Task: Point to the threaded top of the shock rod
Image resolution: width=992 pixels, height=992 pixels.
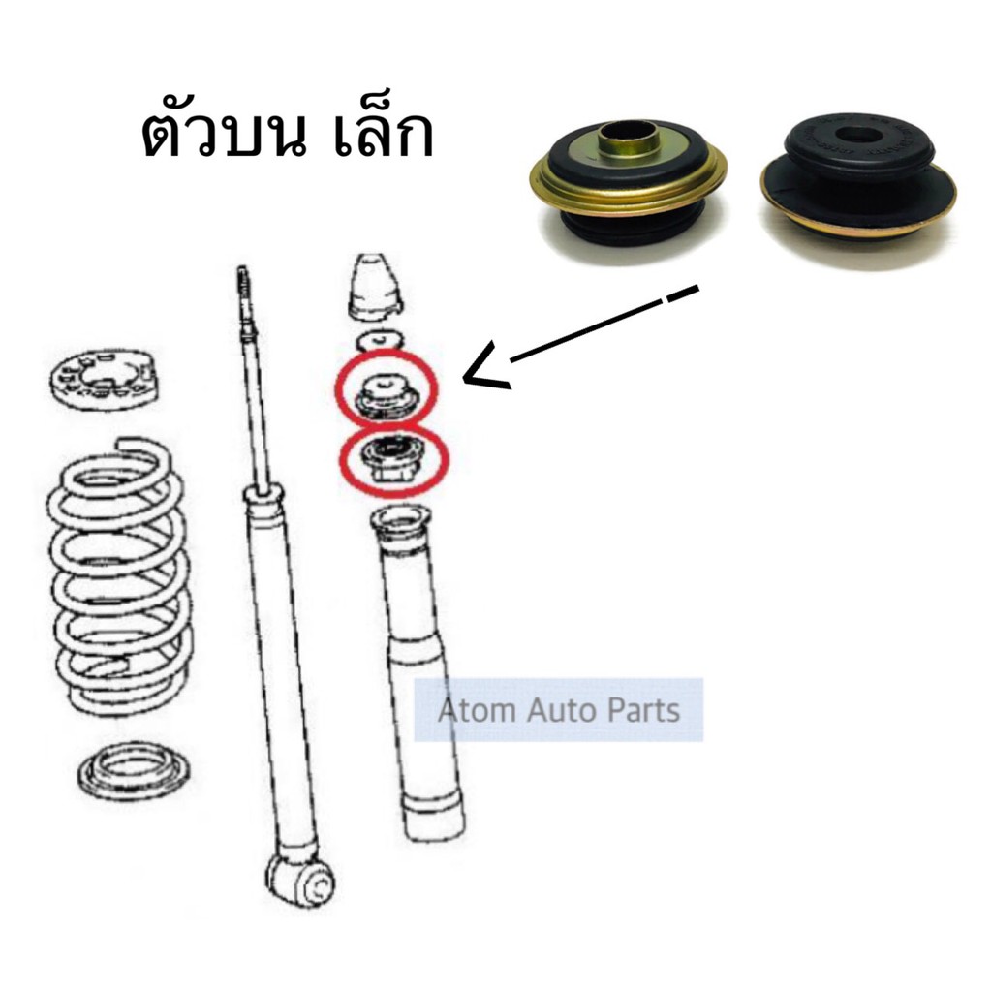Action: tap(242, 291)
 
